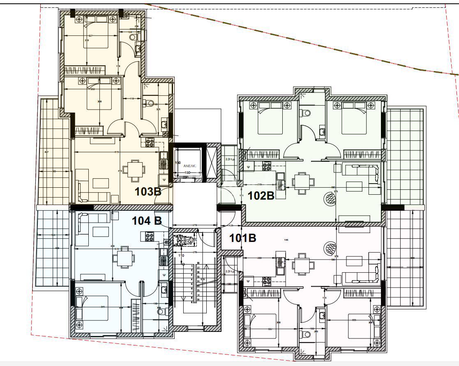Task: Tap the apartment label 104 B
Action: [146, 221]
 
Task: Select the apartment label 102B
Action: [261, 196]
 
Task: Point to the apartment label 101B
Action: [243, 238]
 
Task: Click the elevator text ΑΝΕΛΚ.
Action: [189, 167]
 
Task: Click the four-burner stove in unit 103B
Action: [150, 143]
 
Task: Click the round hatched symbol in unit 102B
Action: [330, 200]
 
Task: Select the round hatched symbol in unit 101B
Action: [330, 248]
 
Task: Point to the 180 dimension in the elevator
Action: [189, 173]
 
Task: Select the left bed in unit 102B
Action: [270, 119]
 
